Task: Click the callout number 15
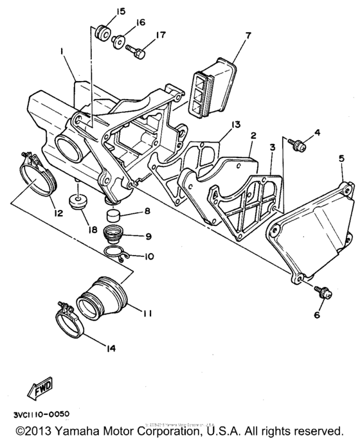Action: (103, 12)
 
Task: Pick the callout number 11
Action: (147, 314)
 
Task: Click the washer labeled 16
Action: (118, 43)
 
